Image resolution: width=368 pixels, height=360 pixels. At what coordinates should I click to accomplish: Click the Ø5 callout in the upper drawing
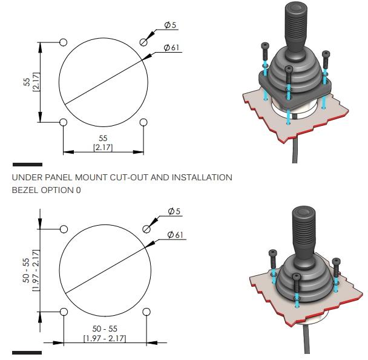point(170,25)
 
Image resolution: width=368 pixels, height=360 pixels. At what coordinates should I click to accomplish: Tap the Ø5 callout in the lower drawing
point(174,211)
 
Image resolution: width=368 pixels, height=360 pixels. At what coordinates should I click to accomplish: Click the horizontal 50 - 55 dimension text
point(104,329)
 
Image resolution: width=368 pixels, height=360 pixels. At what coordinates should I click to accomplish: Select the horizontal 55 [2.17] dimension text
point(103,143)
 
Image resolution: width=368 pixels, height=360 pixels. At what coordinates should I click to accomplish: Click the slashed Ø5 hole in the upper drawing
point(143,42)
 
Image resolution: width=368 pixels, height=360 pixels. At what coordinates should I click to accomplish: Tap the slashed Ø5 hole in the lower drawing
point(146,229)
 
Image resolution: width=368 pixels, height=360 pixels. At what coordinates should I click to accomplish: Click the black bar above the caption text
point(27,164)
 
